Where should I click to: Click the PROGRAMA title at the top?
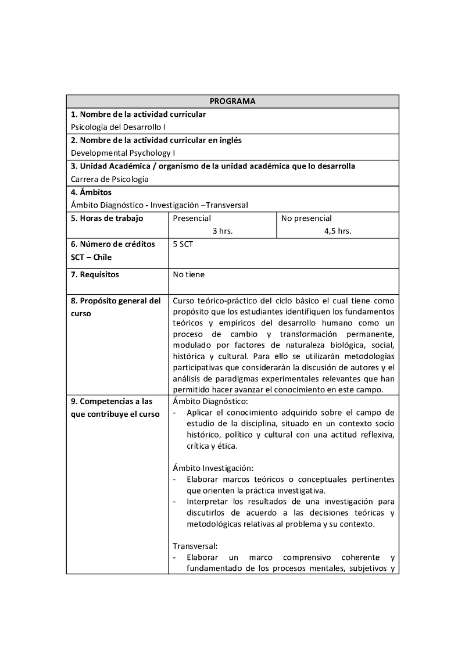(233, 101)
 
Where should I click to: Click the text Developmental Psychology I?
(123, 153)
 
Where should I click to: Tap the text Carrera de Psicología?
(110, 179)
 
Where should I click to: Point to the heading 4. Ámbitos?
(91, 192)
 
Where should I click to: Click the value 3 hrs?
(223, 231)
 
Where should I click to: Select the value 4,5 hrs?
(338, 231)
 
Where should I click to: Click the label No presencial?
(306, 219)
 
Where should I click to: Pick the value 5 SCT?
(183, 245)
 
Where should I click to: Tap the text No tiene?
(189, 274)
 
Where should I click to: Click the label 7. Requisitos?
(95, 274)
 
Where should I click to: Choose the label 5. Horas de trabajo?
(107, 219)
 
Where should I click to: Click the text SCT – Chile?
(91, 258)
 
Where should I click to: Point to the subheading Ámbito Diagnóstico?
(210, 401)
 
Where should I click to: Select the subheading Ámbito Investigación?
(213, 467)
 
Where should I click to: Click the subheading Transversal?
(195, 546)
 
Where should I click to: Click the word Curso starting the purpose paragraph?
(184, 301)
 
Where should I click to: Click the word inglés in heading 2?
(229, 140)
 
